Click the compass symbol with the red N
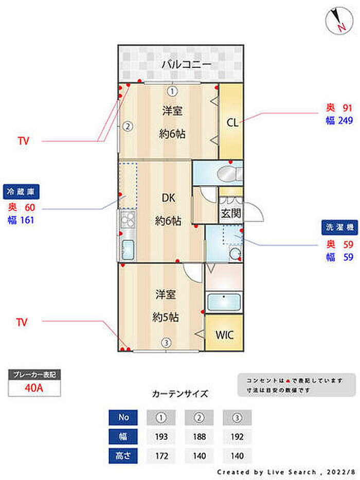(339, 20)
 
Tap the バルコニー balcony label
(186, 65)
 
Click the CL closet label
(232, 123)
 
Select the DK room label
(168, 198)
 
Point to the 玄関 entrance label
(231, 214)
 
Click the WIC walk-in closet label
(224, 335)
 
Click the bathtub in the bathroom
(224, 302)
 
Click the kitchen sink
(128, 249)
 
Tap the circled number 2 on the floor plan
(128, 126)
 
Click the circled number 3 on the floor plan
(166, 343)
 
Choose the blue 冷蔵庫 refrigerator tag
(21, 192)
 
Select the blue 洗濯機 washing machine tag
(339, 227)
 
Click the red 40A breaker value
(34, 388)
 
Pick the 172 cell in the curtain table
(161, 456)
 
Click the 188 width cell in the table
(200, 437)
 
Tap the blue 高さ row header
(123, 456)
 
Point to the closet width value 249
(346, 120)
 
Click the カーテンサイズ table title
(180, 394)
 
